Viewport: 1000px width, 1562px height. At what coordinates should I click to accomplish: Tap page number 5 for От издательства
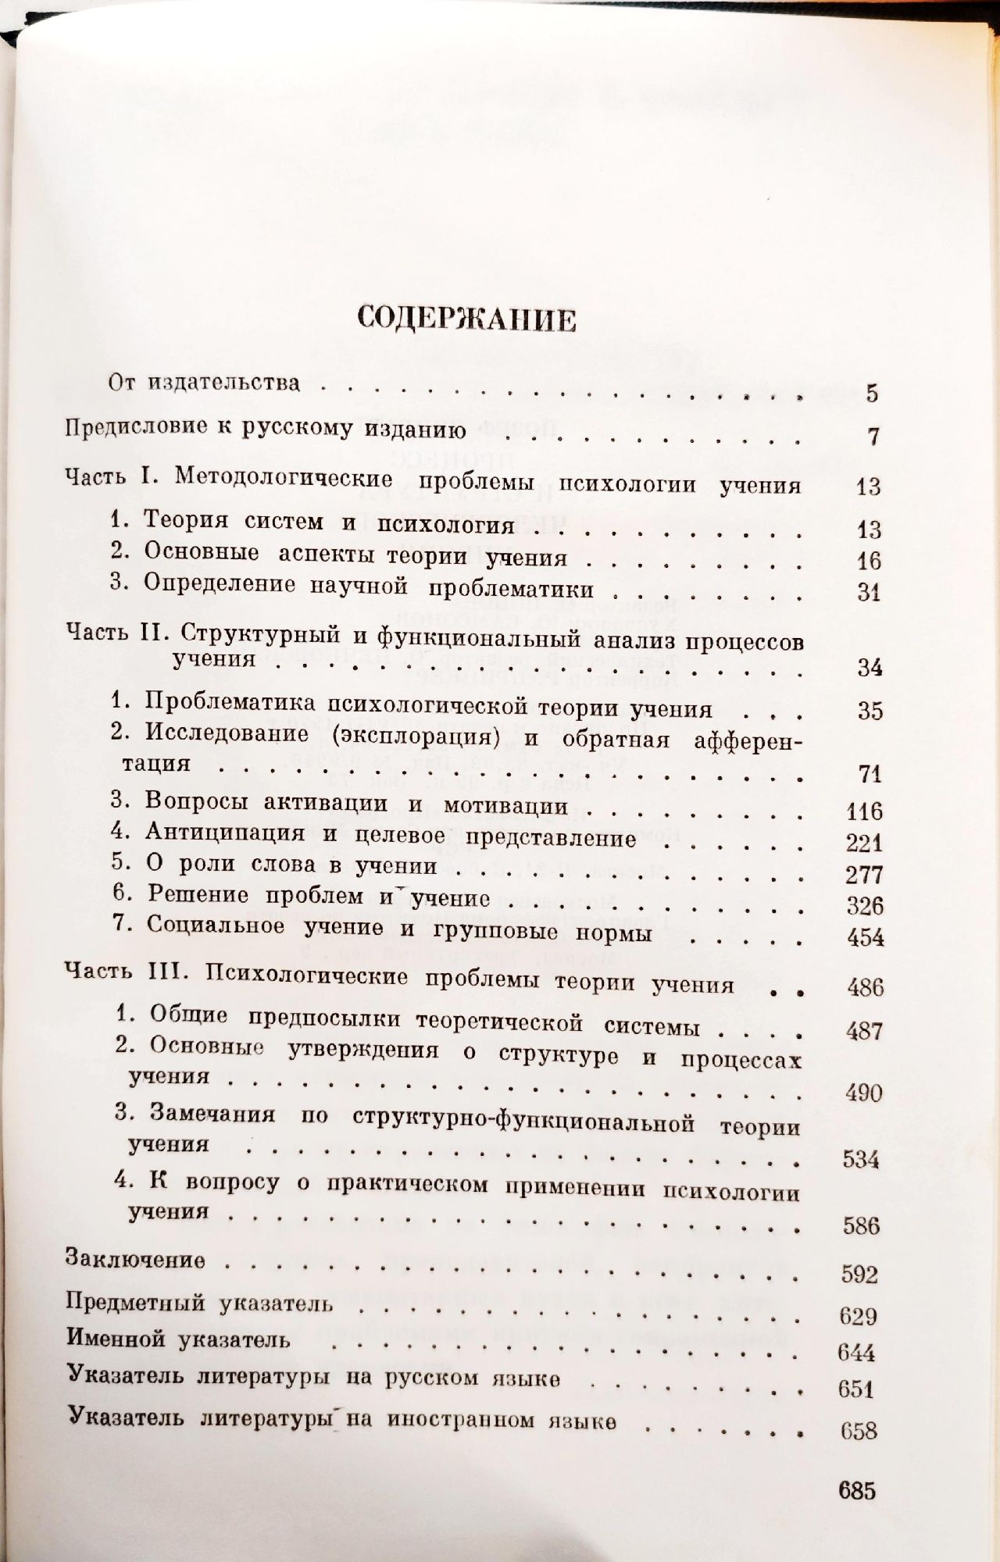tap(872, 394)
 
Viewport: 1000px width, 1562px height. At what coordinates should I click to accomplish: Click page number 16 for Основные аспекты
tap(867, 561)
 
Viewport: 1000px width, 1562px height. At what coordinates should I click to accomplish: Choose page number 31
tap(868, 593)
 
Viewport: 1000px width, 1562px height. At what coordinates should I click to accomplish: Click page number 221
tap(864, 843)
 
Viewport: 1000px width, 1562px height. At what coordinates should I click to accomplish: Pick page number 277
tap(864, 875)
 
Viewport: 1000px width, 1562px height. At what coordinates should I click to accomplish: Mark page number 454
tap(866, 938)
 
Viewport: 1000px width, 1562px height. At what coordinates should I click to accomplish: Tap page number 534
tap(861, 1160)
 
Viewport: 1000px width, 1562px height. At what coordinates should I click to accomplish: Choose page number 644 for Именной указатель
tap(855, 1352)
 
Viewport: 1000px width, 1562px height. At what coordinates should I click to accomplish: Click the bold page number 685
tap(856, 1490)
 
